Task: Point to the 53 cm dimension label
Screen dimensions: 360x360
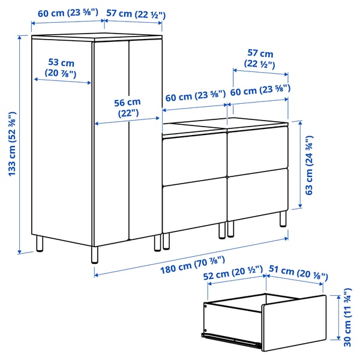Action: tap(60, 68)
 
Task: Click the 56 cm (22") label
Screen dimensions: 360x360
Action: tap(127, 107)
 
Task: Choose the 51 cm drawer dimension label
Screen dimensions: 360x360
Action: tap(298, 272)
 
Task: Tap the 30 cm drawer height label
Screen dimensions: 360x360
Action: tap(347, 318)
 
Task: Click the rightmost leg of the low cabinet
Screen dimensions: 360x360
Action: tap(283, 218)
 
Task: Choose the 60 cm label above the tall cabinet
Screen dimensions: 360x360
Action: tap(68, 13)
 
